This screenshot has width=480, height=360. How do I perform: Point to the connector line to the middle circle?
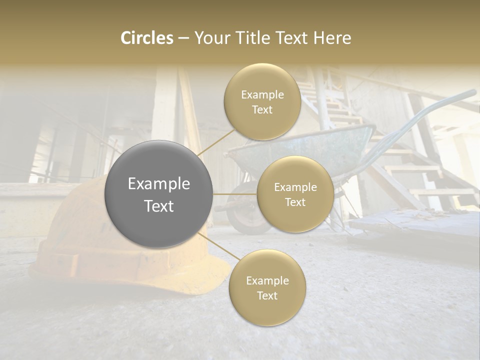234,194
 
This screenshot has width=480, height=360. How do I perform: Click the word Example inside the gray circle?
159,184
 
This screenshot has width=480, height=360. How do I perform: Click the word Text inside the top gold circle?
262,110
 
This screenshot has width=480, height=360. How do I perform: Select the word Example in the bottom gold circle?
267,281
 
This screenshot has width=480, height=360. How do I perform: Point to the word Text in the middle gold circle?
295,202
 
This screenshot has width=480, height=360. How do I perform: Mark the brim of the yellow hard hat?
125,280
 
